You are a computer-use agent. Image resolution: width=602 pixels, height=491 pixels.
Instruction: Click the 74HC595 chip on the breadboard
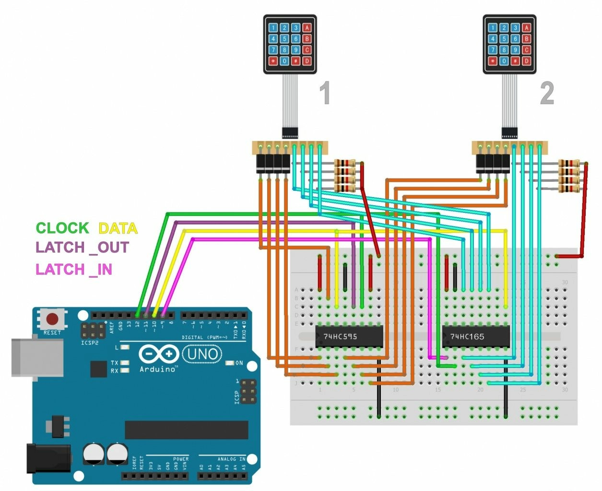point(349,336)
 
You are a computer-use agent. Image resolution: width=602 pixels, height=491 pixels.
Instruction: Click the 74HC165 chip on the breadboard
point(475,336)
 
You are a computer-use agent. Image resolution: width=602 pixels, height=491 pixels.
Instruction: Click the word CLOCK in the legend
point(62,228)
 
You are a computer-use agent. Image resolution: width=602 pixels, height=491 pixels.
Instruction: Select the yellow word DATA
point(118,228)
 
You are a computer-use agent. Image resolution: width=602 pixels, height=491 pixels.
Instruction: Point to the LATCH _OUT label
point(83,247)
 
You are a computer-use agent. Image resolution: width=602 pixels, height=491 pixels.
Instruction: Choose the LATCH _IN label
point(74,269)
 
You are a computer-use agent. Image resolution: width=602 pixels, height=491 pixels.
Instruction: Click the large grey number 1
point(325,93)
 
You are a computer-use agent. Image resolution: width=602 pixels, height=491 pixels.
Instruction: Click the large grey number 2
point(547,93)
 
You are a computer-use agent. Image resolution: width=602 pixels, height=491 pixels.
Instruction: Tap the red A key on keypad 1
point(307,28)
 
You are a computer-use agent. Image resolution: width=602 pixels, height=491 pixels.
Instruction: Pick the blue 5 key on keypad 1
point(284,39)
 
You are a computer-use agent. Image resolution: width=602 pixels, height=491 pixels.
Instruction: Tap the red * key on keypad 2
point(493,61)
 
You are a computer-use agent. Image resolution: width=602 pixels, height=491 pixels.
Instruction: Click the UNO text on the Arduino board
point(202,354)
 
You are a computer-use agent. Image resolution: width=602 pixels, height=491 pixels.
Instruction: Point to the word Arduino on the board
point(158,369)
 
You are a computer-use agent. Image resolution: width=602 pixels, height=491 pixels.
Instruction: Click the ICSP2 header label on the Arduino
point(90,343)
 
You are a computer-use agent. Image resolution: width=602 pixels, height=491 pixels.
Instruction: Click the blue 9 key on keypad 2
point(515,50)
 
